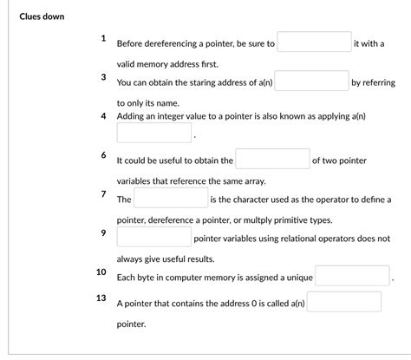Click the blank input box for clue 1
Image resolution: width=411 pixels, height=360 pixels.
point(313,43)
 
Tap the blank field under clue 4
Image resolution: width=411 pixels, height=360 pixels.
point(153,134)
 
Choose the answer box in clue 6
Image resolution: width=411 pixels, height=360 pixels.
point(272,160)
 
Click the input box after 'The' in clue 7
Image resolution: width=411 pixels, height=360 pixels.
point(171,199)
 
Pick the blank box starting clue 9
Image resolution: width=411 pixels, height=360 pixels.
point(153,238)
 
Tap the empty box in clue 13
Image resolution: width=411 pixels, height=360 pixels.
point(343,303)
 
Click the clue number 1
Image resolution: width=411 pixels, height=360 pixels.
point(102,38)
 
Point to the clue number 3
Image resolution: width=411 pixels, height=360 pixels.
point(102,77)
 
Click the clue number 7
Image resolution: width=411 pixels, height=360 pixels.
point(102,193)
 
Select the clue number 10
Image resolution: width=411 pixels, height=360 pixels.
point(101,272)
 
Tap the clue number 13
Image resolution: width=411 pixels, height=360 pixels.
point(101,298)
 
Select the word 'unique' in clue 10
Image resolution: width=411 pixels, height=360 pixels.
point(297,278)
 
